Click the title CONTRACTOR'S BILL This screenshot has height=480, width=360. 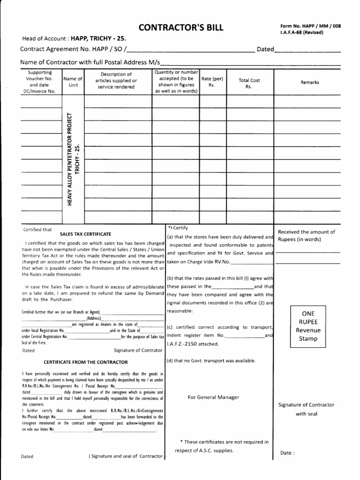(180, 28)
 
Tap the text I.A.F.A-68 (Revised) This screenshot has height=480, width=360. (301, 32)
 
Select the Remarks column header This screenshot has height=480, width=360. (310, 82)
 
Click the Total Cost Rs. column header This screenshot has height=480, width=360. (249, 83)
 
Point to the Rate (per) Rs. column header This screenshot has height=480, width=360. (212, 82)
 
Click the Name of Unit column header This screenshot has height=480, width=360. (73, 82)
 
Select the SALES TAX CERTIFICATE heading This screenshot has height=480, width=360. (86, 233)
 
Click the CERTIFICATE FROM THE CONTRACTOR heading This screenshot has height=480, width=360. (86, 362)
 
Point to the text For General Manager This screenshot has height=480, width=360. (213, 397)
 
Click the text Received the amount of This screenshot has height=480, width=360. (307, 232)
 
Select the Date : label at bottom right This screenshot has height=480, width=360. (287, 453)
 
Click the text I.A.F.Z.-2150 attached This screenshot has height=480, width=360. (192, 345)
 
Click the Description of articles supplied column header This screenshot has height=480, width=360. (116, 81)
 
